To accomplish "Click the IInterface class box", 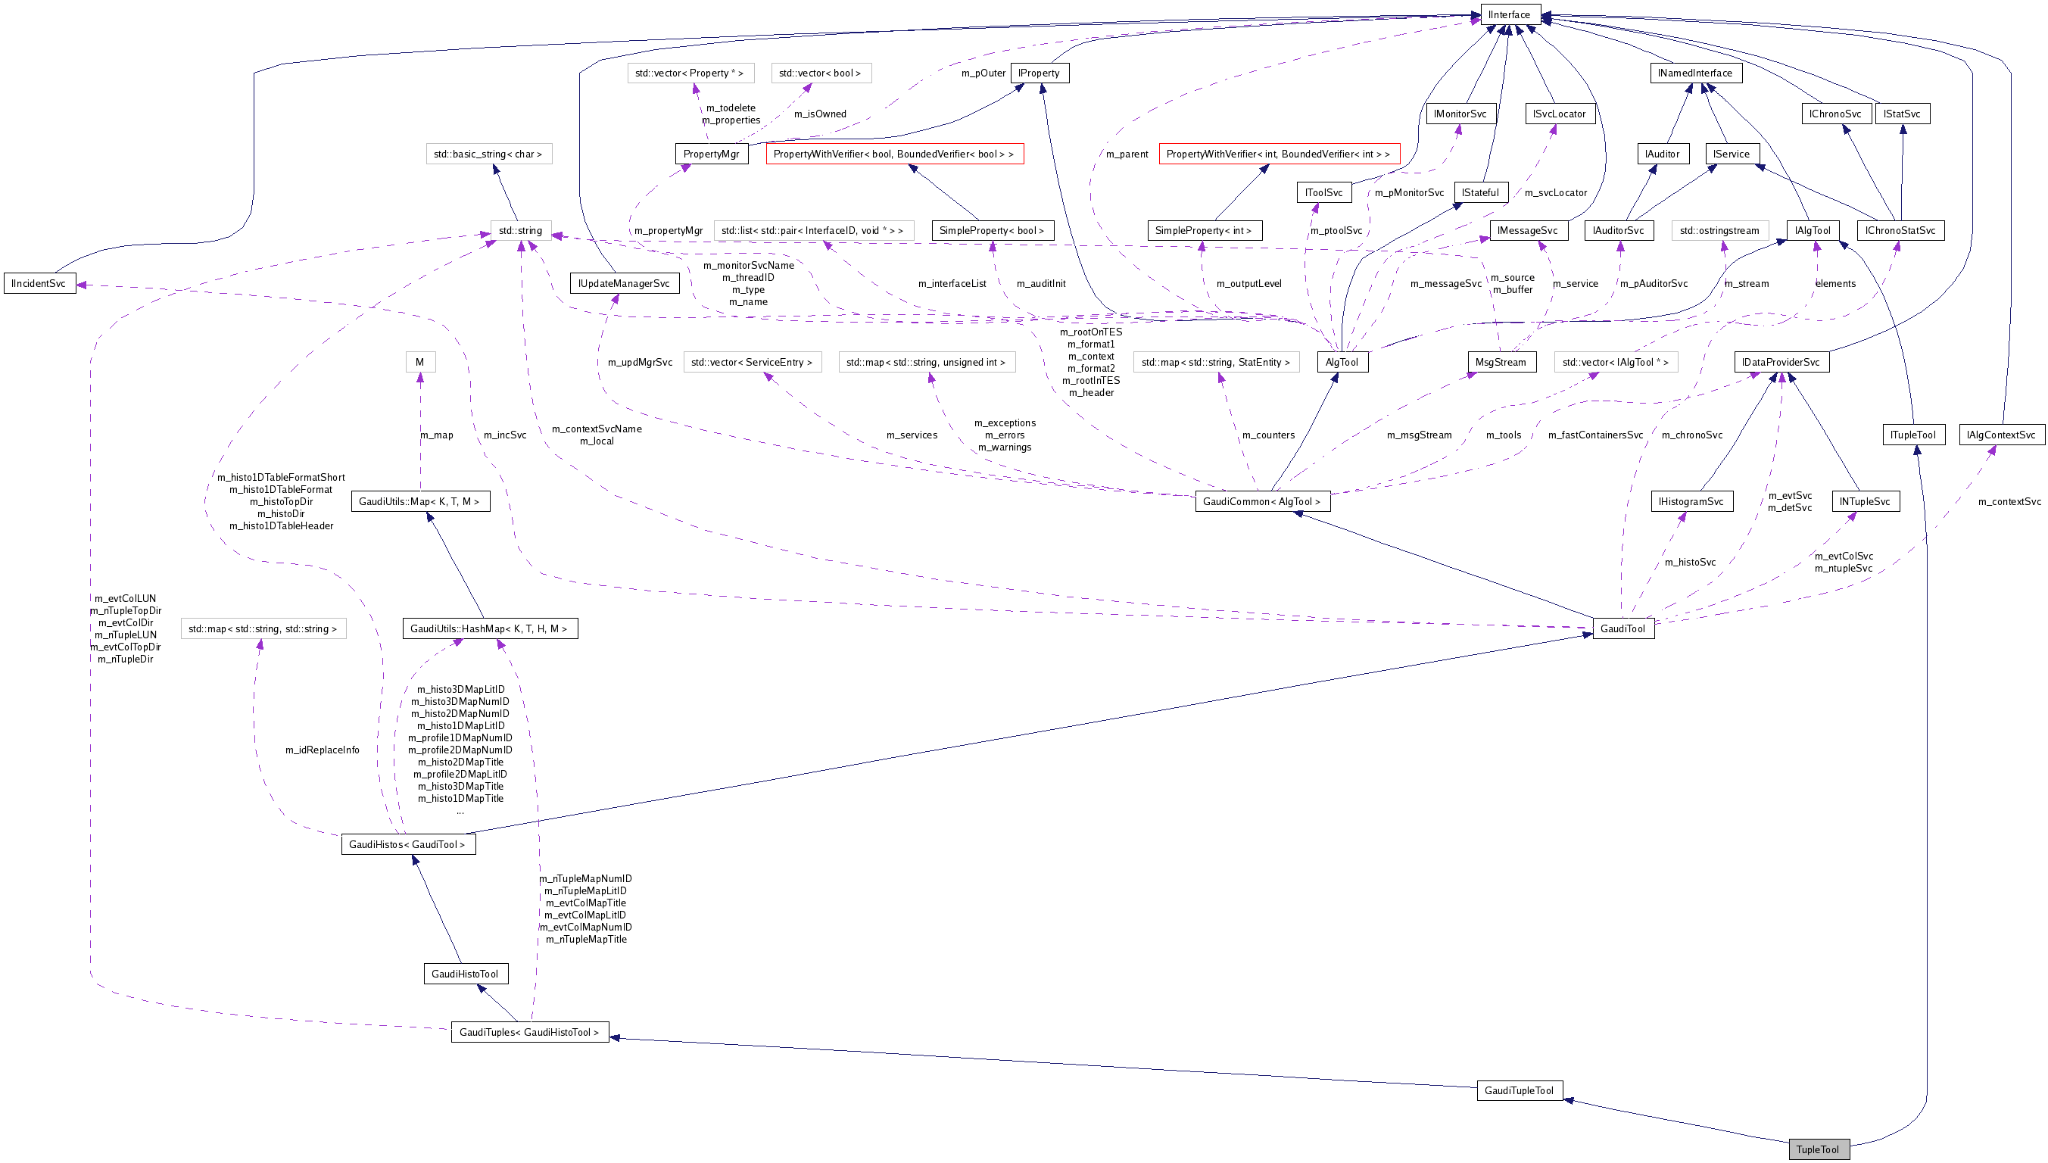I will (1509, 14).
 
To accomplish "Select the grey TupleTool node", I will (1817, 1149).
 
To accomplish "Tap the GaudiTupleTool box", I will (1519, 1090).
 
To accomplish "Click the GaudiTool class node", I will (1623, 628).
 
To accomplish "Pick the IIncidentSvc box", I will (39, 284).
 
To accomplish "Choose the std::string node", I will (520, 231).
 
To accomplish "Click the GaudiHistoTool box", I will (465, 974).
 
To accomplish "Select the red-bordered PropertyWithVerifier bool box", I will (894, 154).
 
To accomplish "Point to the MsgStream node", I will (1500, 363).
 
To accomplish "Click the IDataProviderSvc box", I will (1781, 363).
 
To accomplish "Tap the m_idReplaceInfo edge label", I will (322, 750).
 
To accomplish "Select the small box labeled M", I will (419, 363).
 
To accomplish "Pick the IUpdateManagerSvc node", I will (624, 284).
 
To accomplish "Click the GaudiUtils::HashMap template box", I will (489, 628).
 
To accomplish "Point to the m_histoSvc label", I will (1689, 563).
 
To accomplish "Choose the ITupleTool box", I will (1913, 435).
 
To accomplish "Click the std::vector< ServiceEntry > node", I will (751, 363).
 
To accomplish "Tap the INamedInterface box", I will (1695, 73).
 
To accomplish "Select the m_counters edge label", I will (1267, 435).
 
